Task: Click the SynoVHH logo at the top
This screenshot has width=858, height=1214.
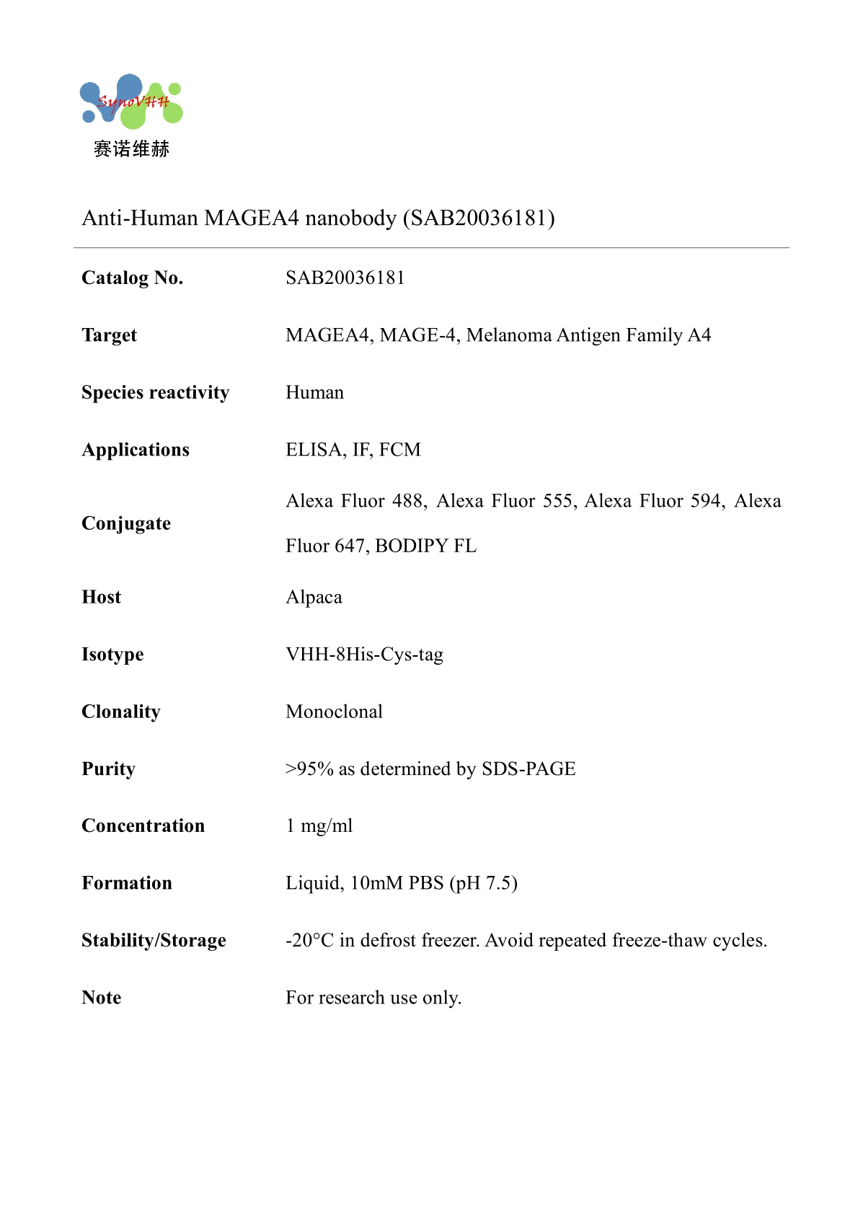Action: (x=131, y=102)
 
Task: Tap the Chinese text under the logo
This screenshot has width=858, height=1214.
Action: (x=131, y=149)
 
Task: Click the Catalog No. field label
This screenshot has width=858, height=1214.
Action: (x=133, y=278)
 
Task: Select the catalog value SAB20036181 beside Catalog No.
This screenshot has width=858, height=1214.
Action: (x=345, y=278)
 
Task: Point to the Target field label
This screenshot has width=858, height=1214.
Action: (x=109, y=336)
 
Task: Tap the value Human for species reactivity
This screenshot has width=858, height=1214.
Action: (x=315, y=393)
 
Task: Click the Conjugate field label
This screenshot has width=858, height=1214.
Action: (x=126, y=524)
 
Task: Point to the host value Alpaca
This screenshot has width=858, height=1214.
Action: (x=314, y=598)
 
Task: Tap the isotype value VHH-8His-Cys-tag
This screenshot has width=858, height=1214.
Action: (x=364, y=655)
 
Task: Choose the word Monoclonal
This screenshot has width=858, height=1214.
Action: (x=334, y=712)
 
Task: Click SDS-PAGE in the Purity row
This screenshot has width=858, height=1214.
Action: (x=528, y=769)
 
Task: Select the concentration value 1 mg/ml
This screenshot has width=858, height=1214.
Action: (x=319, y=826)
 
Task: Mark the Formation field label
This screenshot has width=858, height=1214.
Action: (x=127, y=884)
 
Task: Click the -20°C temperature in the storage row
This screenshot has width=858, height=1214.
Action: (x=309, y=941)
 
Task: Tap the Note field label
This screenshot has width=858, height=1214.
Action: (x=102, y=998)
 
